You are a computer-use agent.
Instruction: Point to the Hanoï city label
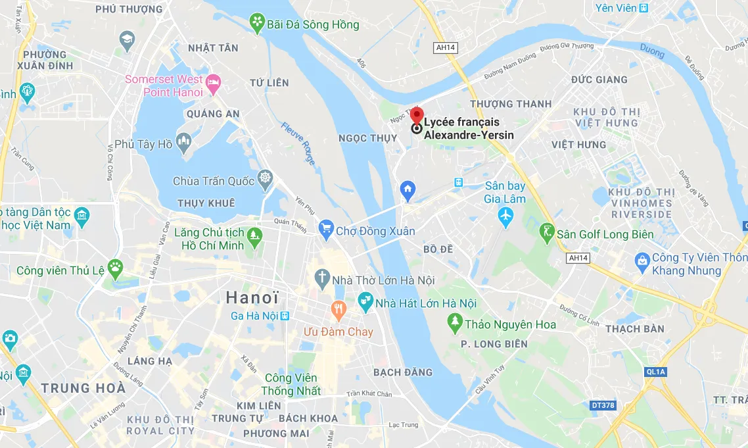[252, 297]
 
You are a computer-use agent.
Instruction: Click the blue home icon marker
[408, 191]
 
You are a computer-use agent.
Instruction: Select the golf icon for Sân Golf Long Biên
[547, 234]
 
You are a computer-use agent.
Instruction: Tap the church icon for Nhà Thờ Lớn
[321, 279]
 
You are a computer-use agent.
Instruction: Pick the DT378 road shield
[603, 405]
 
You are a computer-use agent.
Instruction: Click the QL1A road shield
[656, 372]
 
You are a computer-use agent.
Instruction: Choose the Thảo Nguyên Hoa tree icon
[454, 322]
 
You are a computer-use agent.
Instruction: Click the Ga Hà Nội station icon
[285, 316]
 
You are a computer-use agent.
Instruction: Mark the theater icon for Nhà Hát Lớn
[365, 303]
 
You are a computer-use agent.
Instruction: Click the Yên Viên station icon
[644, 8]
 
